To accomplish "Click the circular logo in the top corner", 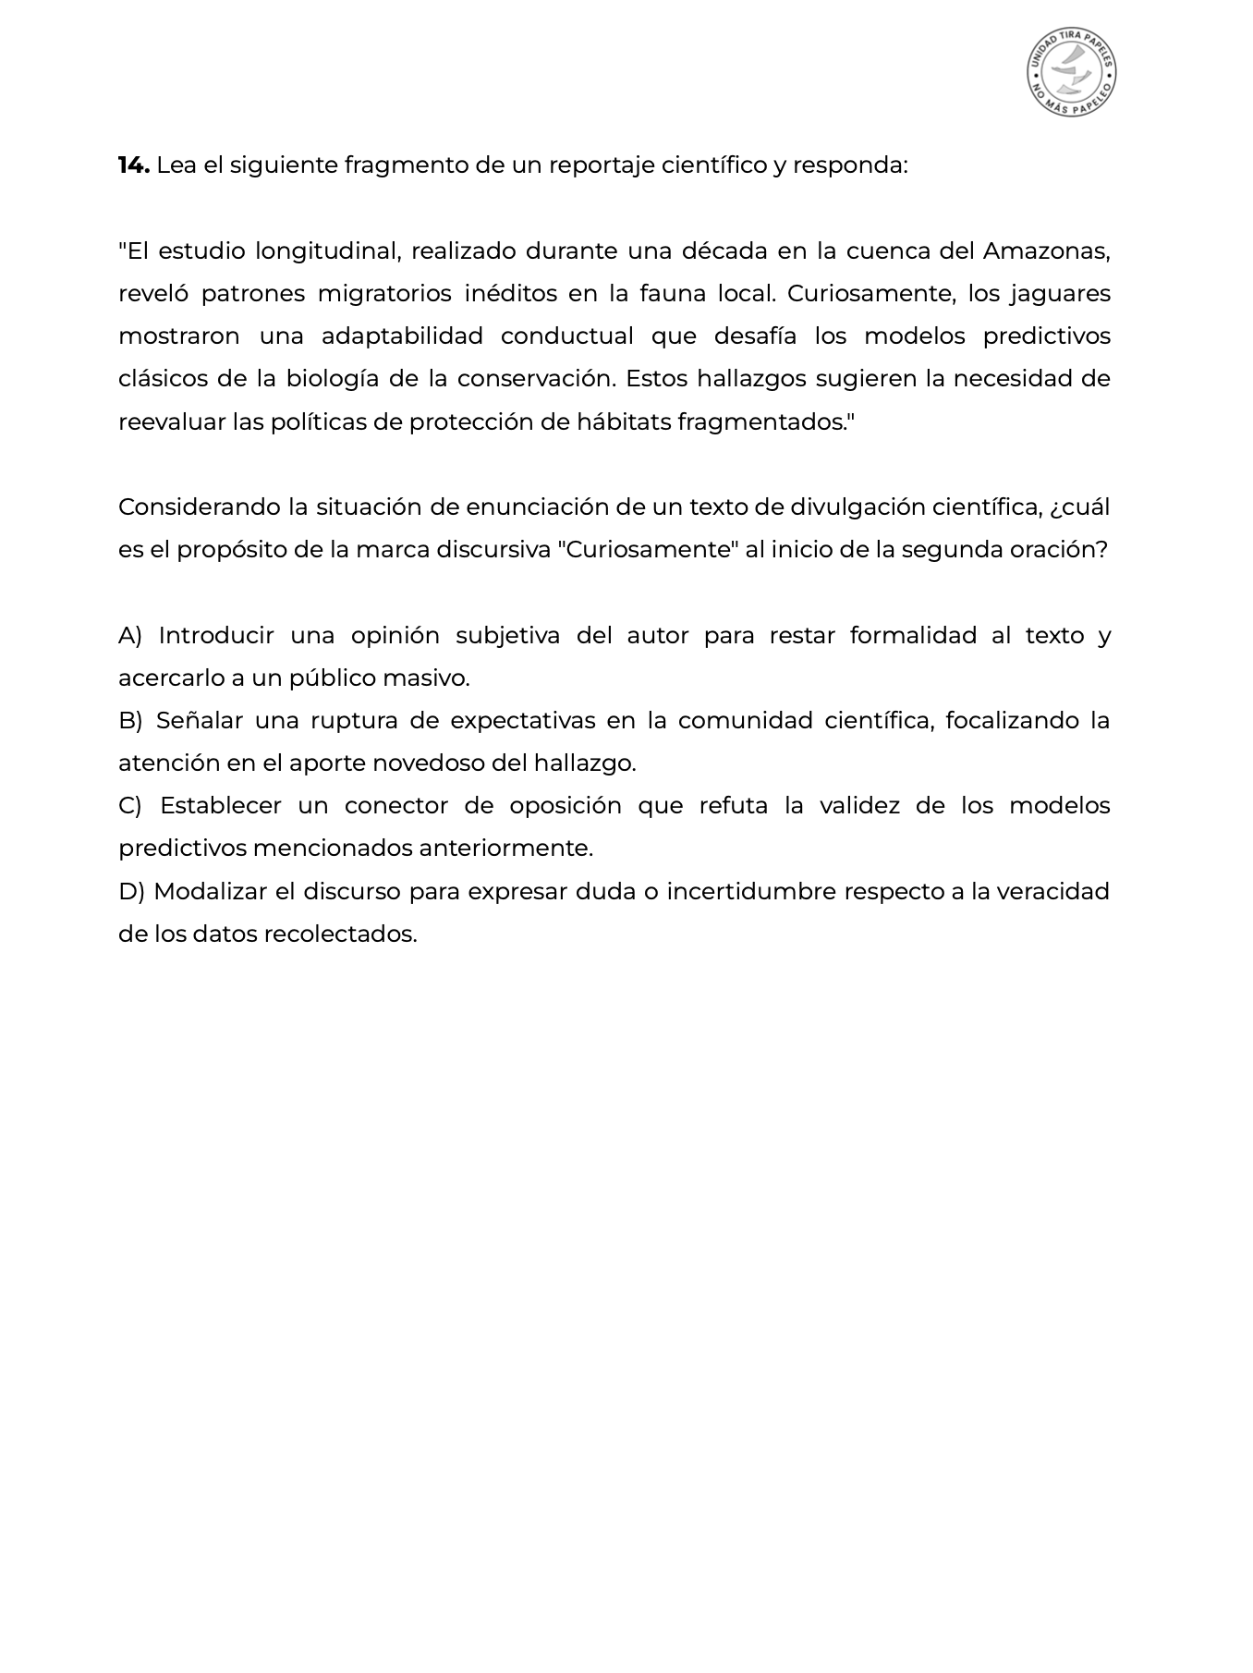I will [1071, 72].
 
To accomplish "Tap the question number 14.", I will [134, 165].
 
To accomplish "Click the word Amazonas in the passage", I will [1045, 250].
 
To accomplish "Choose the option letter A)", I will [130, 635].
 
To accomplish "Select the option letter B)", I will [129, 720].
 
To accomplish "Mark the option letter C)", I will [130, 805].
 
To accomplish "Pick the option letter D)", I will [130, 891].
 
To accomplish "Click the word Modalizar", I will [211, 891].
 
